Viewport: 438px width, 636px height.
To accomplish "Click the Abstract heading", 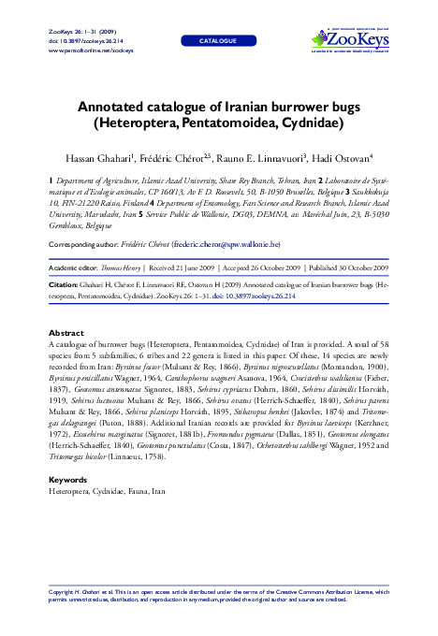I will click(66, 333).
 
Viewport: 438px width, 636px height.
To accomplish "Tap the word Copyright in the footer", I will click(65, 593).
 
